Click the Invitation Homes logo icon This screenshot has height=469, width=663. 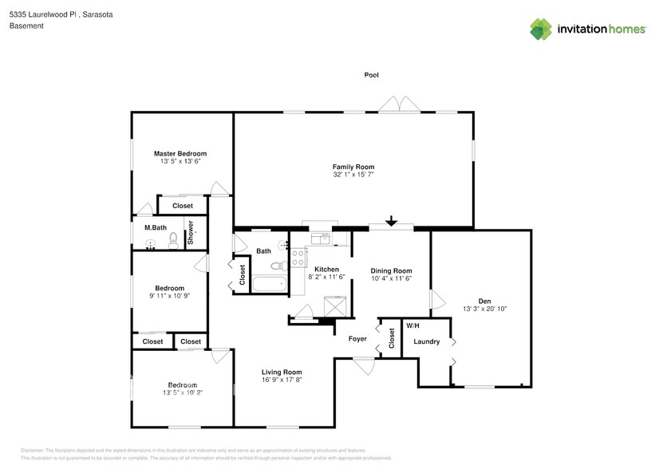tap(541, 29)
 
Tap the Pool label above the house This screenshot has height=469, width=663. tap(371, 75)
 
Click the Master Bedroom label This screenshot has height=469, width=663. tap(180, 153)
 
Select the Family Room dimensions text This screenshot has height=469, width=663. tap(353, 174)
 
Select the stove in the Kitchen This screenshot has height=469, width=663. tap(298, 257)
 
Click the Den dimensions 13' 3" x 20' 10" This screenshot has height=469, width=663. tap(485, 309)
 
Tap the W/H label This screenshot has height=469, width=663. tap(412, 326)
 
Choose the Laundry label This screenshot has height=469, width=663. tap(427, 341)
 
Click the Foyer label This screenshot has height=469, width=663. tap(357, 339)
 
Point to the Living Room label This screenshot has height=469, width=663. tap(282, 372)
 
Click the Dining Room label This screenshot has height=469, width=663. tap(391, 270)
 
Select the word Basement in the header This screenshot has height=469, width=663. tap(26, 26)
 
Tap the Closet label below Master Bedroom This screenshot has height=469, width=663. tap(183, 206)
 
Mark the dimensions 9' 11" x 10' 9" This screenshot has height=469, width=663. tap(169, 296)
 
